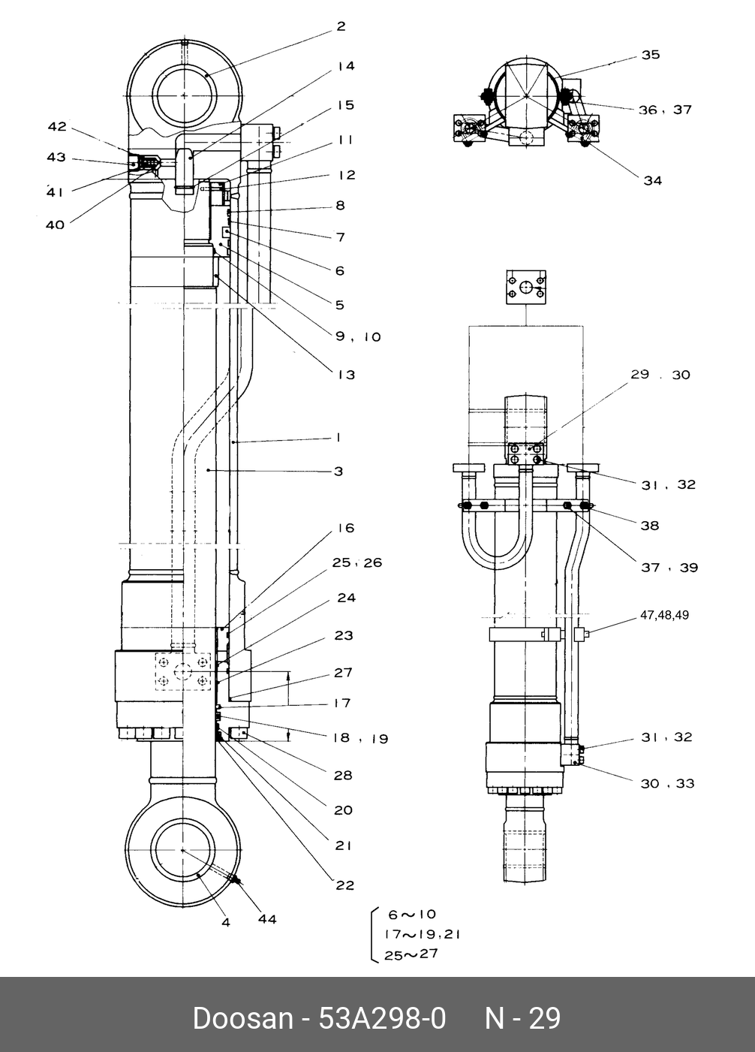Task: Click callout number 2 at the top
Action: click(x=341, y=26)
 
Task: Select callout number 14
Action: click(x=346, y=66)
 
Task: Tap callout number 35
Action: click(x=651, y=55)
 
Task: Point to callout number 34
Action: click(x=652, y=181)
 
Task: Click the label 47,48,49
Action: click(x=664, y=615)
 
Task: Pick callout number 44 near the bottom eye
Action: click(x=267, y=920)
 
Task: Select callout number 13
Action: click(x=346, y=375)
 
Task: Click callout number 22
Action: click(x=344, y=886)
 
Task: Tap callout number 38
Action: click(x=650, y=526)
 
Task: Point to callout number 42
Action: click(x=57, y=127)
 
